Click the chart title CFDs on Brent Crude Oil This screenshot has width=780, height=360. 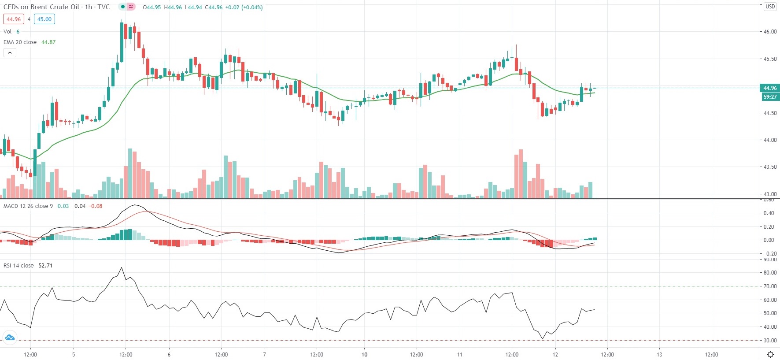click(x=41, y=7)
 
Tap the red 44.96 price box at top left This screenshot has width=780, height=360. click(x=14, y=19)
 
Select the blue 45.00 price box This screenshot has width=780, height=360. click(x=44, y=19)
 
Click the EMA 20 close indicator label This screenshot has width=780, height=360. click(x=20, y=42)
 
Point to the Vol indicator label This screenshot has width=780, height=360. click(x=7, y=32)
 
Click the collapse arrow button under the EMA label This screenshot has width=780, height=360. click(x=10, y=53)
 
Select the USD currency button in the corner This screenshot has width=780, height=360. click(x=770, y=7)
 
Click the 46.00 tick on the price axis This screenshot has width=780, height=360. click(x=770, y=32)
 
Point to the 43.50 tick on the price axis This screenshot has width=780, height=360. click(x=770, y=167)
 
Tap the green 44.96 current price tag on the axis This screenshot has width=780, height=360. click(x=770, y=88)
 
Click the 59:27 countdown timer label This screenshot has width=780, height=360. click(x=770, y=97)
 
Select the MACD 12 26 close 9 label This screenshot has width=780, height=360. click(x=28, y=206)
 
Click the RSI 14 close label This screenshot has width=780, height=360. click(x=18, y=266)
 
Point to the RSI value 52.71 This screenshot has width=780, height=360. click(x=45, y=266)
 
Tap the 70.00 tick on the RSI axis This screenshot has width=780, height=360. click(x=770, y=286)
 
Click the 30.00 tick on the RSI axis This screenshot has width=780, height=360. click(x=770, y=341)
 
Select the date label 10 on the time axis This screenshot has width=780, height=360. click(x=364, y=355)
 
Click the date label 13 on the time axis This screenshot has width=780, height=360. click(x=659, y=355)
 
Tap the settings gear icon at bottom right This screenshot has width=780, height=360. click(x=770, y=355)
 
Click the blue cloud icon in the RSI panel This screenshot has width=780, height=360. click(x=10, y=338)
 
